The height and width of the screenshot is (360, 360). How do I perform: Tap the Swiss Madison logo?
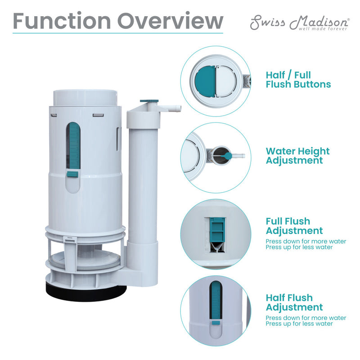[x=299, y=22]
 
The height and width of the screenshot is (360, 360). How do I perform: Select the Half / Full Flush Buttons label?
[x=298, y=80]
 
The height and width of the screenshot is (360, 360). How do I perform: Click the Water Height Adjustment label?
[x=297, y=156]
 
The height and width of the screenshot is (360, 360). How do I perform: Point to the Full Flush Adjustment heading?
[x=294, y=226]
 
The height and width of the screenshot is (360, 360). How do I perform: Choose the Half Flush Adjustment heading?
[x=294, y=302]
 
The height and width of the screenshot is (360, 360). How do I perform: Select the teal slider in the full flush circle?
[x=218, y=229]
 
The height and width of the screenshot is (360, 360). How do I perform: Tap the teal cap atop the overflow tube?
[x=149, y=103]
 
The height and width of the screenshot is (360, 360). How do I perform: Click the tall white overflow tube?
[x=142, y=180]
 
